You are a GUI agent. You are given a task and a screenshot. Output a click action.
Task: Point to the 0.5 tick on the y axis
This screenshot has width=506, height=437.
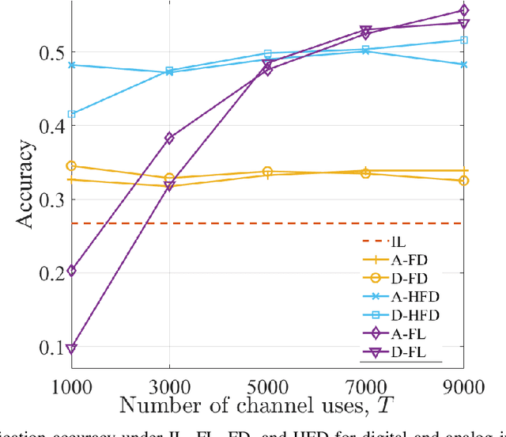click(52, 53)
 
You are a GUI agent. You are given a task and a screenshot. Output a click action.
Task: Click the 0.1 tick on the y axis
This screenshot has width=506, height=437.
click(52, 347)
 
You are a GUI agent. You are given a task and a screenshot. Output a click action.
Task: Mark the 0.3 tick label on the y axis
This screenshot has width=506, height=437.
click(52, 199)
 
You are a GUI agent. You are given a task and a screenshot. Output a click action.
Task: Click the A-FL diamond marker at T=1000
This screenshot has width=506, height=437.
click(71, 271)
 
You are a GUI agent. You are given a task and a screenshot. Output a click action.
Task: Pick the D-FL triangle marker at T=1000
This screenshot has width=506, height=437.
click(71, 349)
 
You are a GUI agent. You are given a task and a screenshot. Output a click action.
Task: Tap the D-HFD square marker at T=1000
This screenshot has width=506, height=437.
click(71, 114)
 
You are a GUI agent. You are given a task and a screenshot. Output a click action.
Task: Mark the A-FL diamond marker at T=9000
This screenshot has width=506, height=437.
click(463, 11)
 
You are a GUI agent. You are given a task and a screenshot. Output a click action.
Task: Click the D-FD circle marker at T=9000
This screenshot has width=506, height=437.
click(463, 180)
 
